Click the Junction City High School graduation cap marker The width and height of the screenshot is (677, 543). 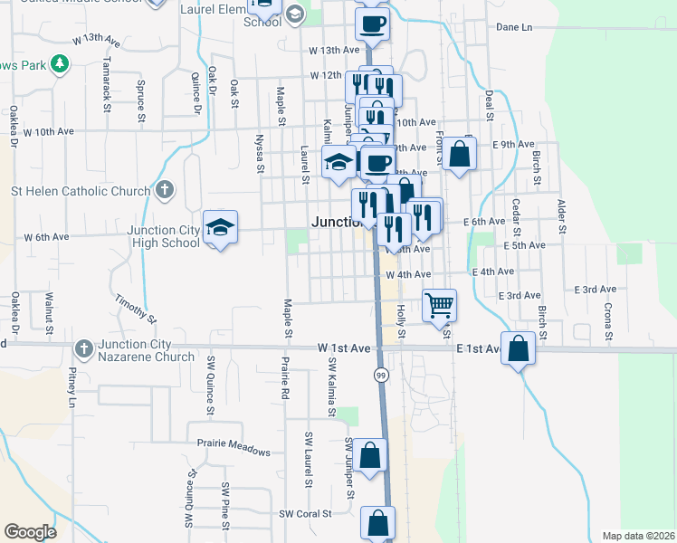pos(220,229)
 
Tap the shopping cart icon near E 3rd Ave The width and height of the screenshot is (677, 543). pos(439,305)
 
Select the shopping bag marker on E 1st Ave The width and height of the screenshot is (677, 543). pos(517,350)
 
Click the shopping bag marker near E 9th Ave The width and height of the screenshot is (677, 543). pos(460,155)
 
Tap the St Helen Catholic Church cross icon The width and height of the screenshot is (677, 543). pos(163,190)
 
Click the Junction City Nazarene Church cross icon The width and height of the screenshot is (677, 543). pos(83,348)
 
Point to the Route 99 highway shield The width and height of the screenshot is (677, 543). pos(382,375)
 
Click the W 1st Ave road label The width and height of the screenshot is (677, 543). pos(344,348)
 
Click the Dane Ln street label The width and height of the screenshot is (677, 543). pos(514,27)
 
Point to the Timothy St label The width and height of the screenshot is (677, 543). pos(136,308)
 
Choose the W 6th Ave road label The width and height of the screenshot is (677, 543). pos(46,237)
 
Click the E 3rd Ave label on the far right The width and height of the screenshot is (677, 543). pos(595,290)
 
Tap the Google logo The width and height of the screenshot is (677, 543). pos(30,532)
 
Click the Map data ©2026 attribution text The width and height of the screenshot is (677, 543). pos(638,536)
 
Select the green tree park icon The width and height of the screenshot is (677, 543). pos(60,63)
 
